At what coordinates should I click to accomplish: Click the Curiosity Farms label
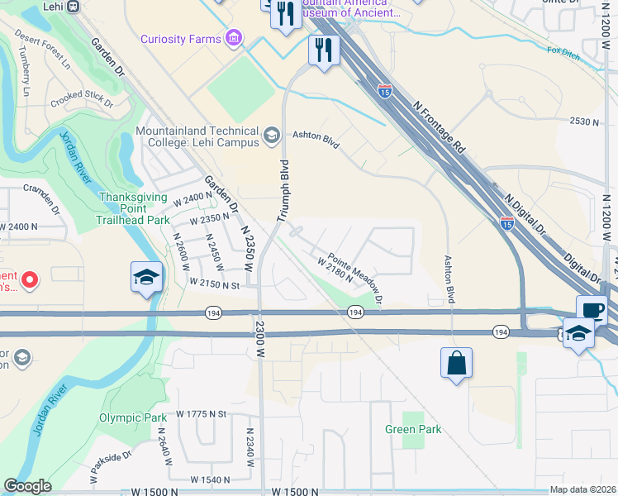[180, 39]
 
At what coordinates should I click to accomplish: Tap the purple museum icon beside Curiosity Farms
[234, 39]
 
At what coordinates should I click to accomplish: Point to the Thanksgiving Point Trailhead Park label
[134, 208]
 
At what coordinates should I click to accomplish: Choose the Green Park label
[413, 429]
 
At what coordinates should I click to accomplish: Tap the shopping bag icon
[456, 363]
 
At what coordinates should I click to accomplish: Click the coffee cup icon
[592, 311]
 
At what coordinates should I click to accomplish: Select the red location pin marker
[30, 279]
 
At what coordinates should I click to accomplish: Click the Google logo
[28, 487]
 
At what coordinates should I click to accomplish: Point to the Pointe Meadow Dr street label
[355, 268]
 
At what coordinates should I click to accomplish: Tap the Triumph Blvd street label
[283, 190]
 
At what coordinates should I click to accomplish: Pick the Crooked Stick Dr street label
[81, 98]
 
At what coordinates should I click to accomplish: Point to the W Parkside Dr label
[110, 469]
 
